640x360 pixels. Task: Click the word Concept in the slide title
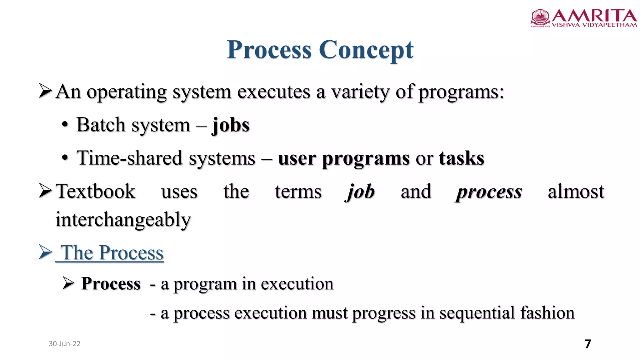point(366,50)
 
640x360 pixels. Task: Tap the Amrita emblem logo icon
point(540,17)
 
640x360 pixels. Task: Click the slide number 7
point(588,344)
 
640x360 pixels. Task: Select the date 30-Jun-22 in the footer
point(64,344)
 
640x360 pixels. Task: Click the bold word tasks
point(461,158)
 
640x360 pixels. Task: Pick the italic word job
point(360,192)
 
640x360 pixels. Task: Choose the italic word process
point(489,192)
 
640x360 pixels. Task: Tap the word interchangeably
point(123,220)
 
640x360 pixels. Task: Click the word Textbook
point(95,192)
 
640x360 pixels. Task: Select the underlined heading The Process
point(112,253)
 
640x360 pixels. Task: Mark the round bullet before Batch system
point(65,125)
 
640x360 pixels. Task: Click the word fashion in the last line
point(547,313)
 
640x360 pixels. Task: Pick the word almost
point(576,192)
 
